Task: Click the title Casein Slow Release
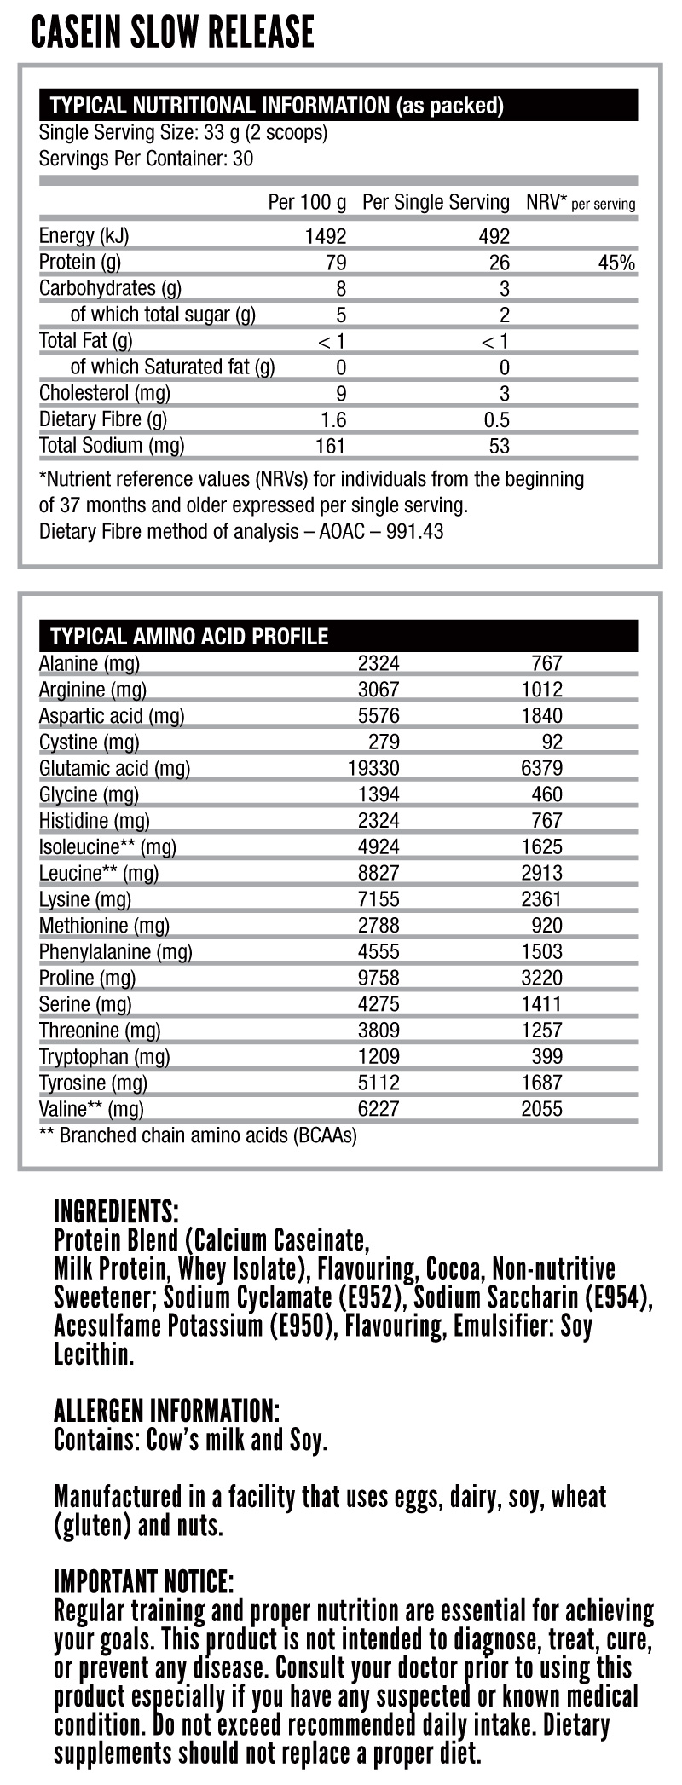[x=173, y=33]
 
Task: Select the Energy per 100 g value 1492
[x=326, y=236]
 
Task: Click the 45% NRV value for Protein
[x=616, y=263]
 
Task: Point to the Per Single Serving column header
[x=436, y=203]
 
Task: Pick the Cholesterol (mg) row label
[x=105, y=393]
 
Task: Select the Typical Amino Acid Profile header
[x=189, y=636]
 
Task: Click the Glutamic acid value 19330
[x=373, y=768]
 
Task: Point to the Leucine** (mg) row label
[x=99, y=873]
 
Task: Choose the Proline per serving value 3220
[x=541, y=978]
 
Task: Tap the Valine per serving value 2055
[x=541, y=1109]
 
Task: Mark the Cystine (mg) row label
[x=90, y=742]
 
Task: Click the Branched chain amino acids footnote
[x=198, y=1135]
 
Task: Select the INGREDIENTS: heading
[x=116, y=1211]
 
